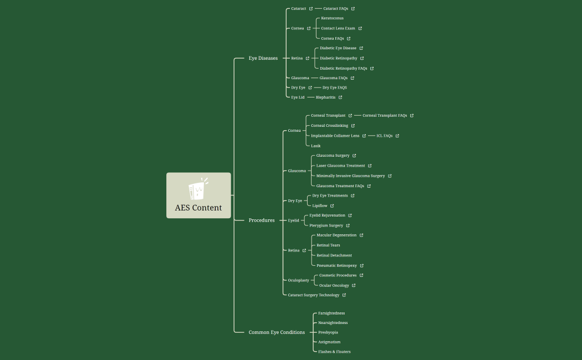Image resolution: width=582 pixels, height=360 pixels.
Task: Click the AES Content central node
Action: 198,208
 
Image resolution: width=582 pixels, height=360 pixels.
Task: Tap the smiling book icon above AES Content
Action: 198,189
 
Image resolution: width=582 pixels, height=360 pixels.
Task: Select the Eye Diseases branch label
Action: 263,58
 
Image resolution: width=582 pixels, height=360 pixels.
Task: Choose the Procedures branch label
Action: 262,220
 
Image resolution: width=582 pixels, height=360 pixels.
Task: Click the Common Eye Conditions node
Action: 277,332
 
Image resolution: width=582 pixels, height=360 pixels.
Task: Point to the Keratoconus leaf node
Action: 332,18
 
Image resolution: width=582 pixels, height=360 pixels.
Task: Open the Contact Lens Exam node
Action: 338,28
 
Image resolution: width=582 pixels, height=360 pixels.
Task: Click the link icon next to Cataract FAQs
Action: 353,9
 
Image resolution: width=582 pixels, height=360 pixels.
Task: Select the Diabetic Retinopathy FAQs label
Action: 343,69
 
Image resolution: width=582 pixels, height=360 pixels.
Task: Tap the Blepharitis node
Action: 325,97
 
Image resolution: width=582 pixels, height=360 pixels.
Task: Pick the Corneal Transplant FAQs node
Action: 385,116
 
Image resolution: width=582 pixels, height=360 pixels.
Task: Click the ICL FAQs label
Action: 384,136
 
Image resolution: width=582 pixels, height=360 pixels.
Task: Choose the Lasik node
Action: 316,146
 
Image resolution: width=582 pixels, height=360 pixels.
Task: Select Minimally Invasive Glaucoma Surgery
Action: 350,176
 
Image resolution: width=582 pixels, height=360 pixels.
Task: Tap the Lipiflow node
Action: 320,205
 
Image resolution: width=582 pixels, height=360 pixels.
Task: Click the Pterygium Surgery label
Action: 326,225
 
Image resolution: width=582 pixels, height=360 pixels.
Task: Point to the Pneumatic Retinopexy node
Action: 336,266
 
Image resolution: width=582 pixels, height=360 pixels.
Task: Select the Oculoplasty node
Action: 299,280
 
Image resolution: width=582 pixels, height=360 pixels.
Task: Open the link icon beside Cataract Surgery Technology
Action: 344,295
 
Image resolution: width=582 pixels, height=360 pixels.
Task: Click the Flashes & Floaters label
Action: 334,352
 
